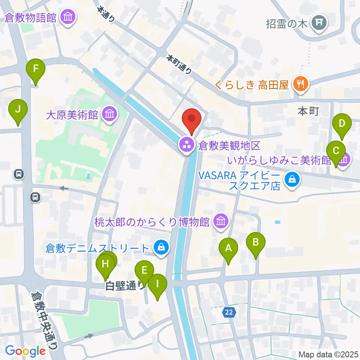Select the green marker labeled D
click(342, 123)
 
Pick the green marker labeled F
click(36, 69)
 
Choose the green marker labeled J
click(18, 110)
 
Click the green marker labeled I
click(157, 284)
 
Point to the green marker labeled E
click(144, 270)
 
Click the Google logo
click(25, 351)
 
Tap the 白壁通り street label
click(124, 286)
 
